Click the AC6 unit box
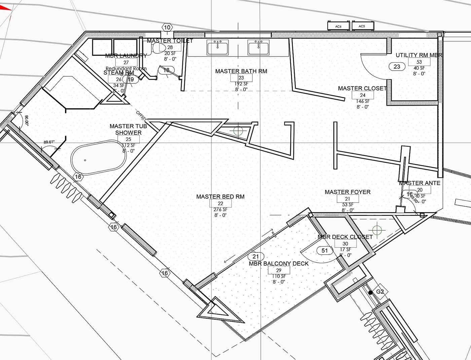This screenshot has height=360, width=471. tap(338, 26)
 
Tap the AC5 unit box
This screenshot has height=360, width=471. tap(362, 26)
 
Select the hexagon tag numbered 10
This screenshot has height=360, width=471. tap(167, 27)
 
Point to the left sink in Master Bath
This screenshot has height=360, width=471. tap(218, 47)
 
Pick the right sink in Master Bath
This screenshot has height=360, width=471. tap(259, 47)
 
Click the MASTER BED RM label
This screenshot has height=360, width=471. tap(220, 196)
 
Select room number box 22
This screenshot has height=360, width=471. tap(220, 203)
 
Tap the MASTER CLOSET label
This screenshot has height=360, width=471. tap(362, 88)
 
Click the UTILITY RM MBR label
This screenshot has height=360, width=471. tap(419, 55)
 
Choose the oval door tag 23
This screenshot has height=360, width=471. tap(397, 67)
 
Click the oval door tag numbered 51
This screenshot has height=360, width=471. tap(325, 250)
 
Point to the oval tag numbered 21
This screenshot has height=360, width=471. tap(258, 257)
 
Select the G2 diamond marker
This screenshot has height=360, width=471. tap(380, 292)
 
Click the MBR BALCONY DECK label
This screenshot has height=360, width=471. tap(279, 263)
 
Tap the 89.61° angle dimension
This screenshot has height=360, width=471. tap(49, 142)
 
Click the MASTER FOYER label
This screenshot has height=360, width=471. tap(348, 192)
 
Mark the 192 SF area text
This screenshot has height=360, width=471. tap(241, 84)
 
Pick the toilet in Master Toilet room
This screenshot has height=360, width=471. tap(157, 49)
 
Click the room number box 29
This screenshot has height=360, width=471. tap(279, 270)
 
